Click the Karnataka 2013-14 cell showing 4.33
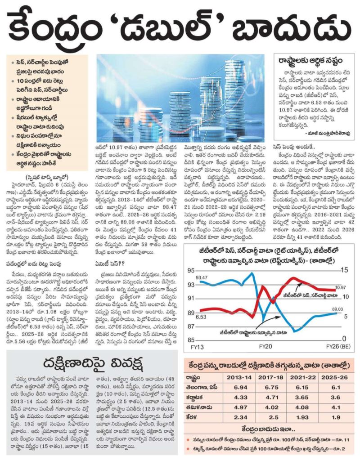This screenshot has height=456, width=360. point(240,397)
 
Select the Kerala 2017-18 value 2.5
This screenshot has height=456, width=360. point(271,417)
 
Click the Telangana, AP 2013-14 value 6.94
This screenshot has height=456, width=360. point(240,387)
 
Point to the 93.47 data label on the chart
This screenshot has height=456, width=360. point(202,277)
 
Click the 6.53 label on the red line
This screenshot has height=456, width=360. point(201,317)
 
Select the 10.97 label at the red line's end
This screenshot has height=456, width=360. point(340,287)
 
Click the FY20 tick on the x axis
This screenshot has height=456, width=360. point(265,346)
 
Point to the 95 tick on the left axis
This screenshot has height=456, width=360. point(191,271)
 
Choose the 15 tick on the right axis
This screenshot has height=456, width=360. point(345,270)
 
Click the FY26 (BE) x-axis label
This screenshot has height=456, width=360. point(338,346)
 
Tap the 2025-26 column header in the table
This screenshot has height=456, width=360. point(334,377)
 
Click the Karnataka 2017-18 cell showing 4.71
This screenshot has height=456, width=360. point(271,397)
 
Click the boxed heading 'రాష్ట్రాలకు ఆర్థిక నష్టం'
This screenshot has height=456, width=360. point(310,61)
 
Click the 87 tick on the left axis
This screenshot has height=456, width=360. point(191,326)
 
